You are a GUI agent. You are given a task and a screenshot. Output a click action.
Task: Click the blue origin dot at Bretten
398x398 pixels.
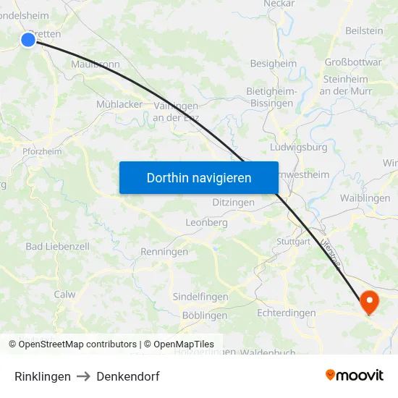tap(28, 39)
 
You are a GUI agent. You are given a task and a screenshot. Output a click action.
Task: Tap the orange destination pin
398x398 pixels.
tap(369, 302)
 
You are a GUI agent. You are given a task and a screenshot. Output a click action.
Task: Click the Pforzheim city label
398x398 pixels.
tap(41, 151)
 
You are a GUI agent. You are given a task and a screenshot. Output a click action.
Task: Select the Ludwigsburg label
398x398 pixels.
tap(298, 147)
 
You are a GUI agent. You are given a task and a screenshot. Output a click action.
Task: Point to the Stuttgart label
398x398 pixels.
tap(293, 241)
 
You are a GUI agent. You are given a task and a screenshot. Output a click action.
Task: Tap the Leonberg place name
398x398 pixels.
tap(207, 223)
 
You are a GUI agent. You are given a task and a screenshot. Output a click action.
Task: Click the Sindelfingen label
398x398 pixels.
tap(200, 297)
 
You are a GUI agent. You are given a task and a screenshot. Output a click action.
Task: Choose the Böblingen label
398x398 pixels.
tap(205, 316)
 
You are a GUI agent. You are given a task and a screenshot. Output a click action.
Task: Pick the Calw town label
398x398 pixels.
tap(64, 295)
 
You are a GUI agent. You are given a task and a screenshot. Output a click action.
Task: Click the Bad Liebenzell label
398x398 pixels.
tap(58, 246)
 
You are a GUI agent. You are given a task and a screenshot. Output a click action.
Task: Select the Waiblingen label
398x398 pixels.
tap(365, 198)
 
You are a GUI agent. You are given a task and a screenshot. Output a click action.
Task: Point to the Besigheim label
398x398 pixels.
tap(273, 64)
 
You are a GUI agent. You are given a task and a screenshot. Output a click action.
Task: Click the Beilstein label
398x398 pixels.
tap(364, 30)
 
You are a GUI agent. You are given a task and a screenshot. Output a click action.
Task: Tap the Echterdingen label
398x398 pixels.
tap(287, 313)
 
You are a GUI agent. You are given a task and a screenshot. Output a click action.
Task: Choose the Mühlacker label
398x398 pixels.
tap(119, 104)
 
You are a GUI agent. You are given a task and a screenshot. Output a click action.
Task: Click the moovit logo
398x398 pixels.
tap(355, 376)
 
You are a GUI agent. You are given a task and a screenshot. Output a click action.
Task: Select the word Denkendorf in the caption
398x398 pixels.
tap(128, 376)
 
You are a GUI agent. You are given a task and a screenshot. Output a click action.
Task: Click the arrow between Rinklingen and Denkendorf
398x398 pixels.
tap(83, 376)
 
